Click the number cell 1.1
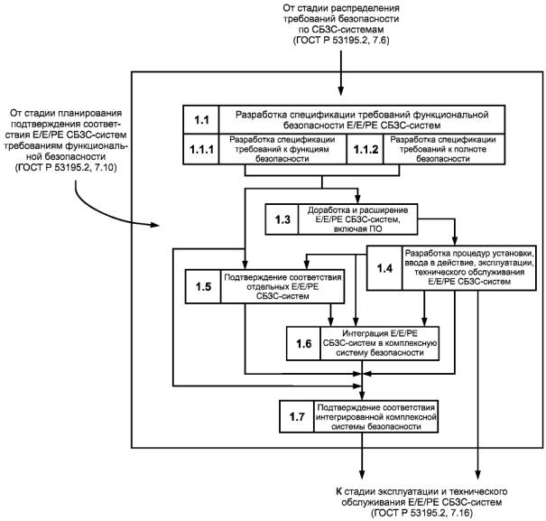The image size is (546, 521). (203, 118)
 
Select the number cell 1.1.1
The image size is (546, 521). (203, 150)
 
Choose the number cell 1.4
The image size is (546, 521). (385, 267)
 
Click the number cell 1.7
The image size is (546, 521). (297, 418)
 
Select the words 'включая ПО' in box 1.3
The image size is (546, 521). (352, 228)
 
